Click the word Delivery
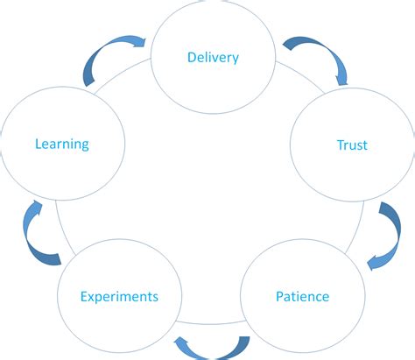click(213, 58)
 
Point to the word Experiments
click(120, 297)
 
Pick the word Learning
click(61, 143)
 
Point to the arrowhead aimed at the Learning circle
click(36, 208)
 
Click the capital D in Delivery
click(192, 58)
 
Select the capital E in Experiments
click(84, 296)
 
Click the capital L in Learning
click(38, 143)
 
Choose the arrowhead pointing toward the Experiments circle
click(181, 341)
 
